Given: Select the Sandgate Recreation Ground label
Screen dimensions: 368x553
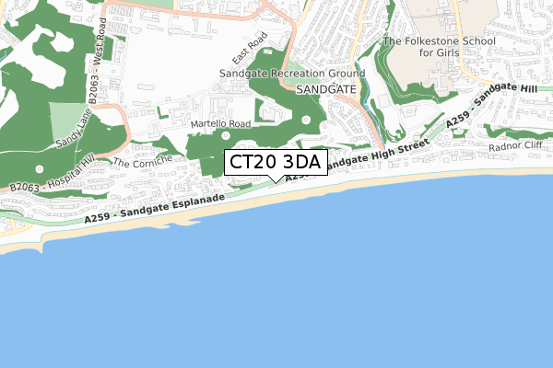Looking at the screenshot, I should pos(292,73).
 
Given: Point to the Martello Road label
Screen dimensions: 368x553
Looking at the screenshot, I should pos(220,123).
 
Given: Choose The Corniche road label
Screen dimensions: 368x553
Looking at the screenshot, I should pos(137,163).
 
